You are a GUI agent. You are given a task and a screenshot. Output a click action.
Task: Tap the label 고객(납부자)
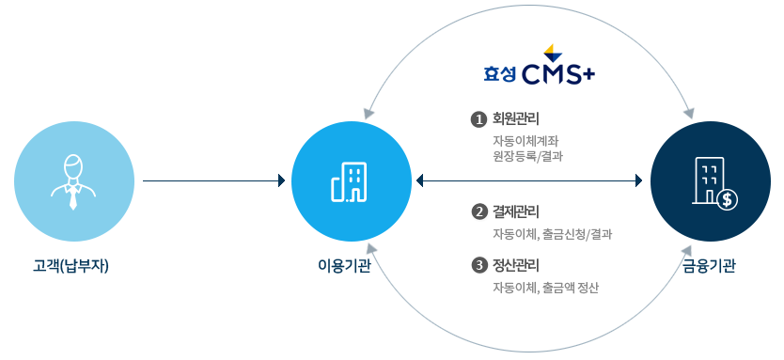click(71, 266)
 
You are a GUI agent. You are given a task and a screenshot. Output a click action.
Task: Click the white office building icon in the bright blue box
click(350, 181)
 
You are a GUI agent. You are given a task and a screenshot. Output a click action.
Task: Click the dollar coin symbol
click(725, 198)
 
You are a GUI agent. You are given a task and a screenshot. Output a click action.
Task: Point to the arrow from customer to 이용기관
click(213, 180)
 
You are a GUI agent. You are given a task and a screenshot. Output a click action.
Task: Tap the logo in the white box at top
click(539, 63)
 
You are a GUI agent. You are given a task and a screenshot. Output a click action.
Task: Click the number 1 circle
click(478, 120)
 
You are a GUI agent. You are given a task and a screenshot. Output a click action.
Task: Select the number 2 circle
click(478, 211)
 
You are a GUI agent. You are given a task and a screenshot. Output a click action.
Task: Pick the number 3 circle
click(478, 266)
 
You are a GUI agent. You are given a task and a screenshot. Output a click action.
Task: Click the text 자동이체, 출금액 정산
click(546, 288)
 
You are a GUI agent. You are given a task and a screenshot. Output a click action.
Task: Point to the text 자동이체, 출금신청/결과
click(553, 233)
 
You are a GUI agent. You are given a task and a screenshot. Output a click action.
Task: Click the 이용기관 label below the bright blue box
click(344, 266)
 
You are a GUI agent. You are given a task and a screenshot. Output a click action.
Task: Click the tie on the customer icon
click(73, 197)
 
